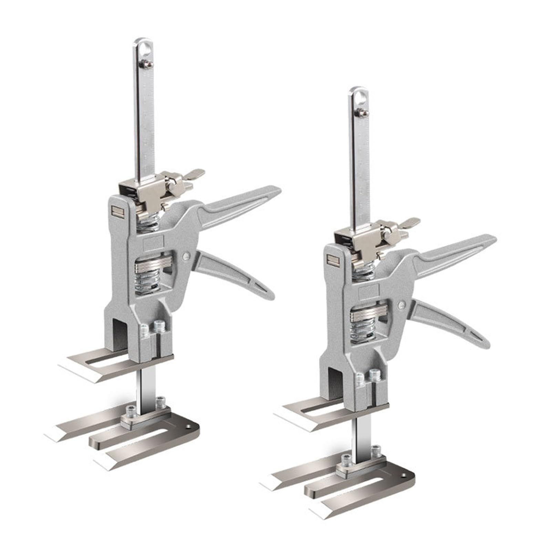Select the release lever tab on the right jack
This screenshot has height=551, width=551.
coord(411,221)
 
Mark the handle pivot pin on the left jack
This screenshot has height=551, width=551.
coord(186,256)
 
